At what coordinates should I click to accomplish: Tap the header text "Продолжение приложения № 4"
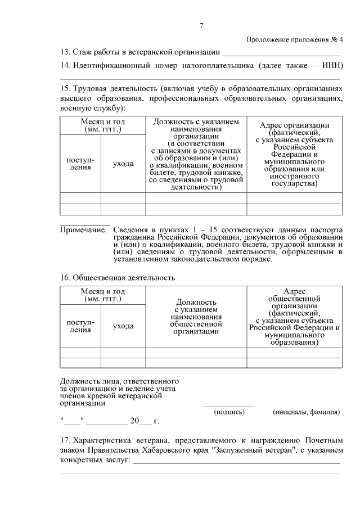[294, 39]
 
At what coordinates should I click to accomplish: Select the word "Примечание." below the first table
[83, 230]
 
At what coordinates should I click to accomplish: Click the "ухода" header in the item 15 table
[123, 164]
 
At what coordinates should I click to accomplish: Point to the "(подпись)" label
[229, 412]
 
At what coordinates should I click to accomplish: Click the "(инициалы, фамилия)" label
[306, 412]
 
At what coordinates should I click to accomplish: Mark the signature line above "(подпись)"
[229, 406]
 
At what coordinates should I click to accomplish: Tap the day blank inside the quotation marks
[73, 421]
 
